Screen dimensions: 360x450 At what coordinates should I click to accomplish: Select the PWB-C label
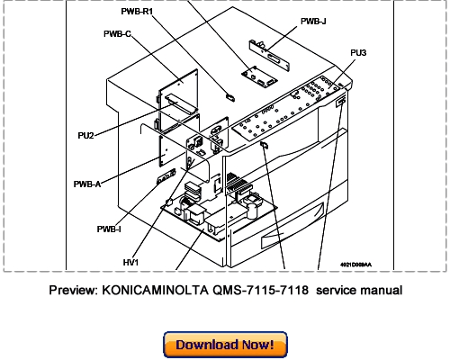(116, 35)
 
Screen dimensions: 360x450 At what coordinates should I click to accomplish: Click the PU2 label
(88, 135)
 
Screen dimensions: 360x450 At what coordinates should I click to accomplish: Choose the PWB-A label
(87, 184)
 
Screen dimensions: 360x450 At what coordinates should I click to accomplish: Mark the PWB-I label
(110, 228)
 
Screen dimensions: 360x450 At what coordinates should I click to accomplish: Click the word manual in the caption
(380, 291)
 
